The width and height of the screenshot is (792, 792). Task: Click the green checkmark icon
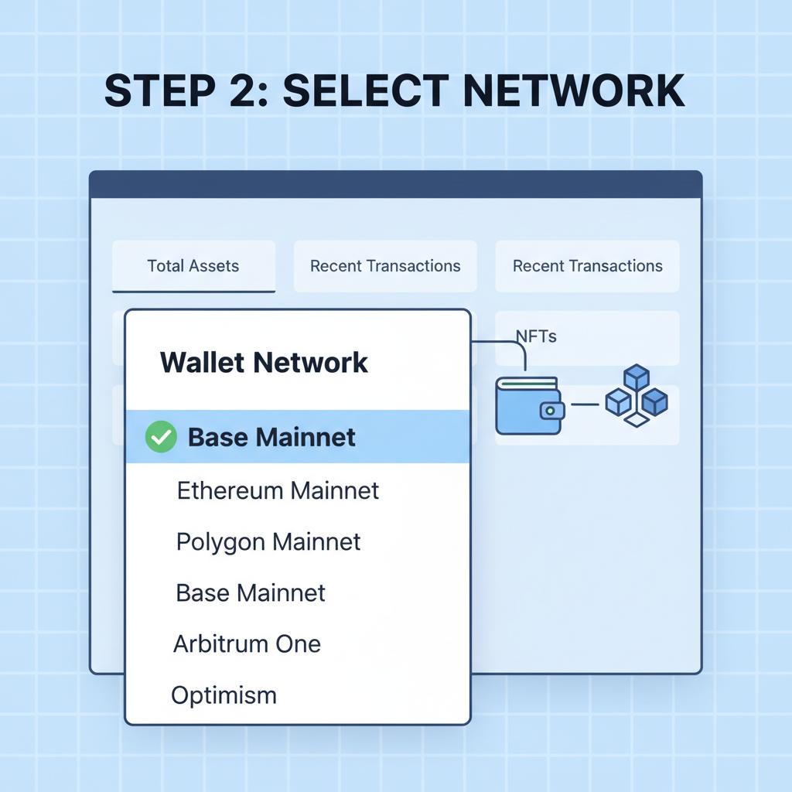pos(161,437)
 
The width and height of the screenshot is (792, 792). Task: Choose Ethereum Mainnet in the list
pos(278,490)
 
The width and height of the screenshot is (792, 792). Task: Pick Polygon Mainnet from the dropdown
pos(268,541)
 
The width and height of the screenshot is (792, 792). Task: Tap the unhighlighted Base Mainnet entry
pos(251,593)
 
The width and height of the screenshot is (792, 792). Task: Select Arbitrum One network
pos(247,643)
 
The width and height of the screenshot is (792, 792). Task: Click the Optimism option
pos(224,695)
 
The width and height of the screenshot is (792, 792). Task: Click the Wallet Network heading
pos(264,362)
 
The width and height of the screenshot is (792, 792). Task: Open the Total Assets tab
pos(193,266)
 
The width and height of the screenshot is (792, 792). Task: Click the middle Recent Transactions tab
pos(385,266)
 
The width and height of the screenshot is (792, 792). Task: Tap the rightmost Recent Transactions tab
pos(587,266)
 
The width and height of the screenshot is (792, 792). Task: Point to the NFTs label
pos(536,336)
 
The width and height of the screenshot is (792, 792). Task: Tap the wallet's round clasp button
pos(551,410)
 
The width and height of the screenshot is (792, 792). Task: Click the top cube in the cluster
pos(636,377)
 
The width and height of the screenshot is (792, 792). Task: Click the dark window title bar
pos(395,184)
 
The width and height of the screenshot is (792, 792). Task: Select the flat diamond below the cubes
pos(636,420)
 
